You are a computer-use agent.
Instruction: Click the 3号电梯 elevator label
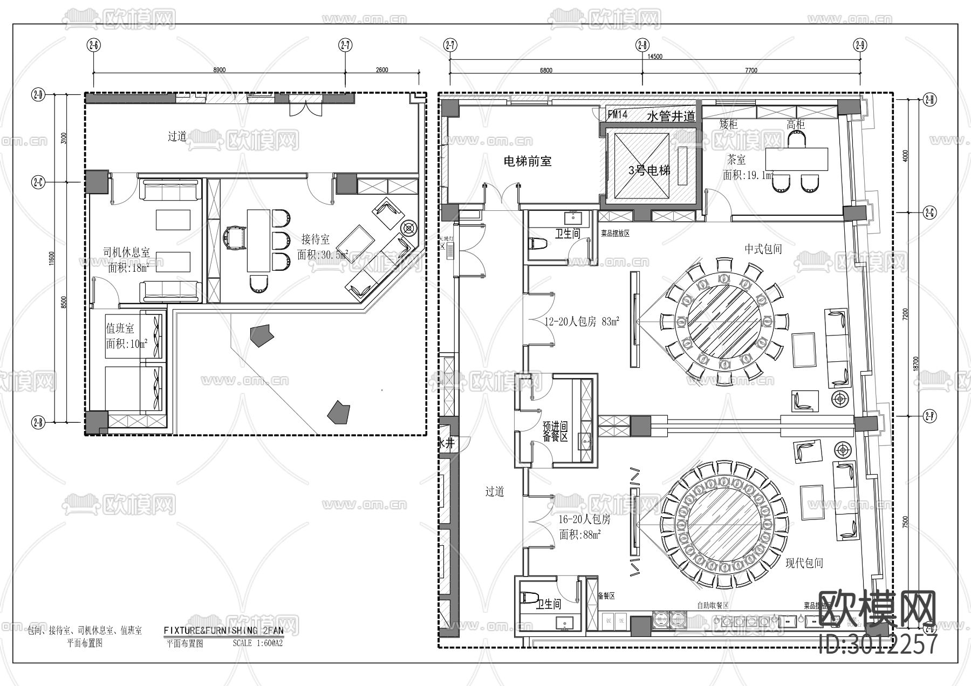coord(649,171)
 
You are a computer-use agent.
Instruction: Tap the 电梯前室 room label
coord(527,161)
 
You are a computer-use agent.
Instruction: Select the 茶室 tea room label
coord(736,160)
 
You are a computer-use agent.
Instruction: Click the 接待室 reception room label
coord(316,239)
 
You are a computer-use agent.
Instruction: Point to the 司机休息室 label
coord(126,252)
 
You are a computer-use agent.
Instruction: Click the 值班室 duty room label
coord(120,328)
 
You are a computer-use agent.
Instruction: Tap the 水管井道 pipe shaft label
coord(671,116)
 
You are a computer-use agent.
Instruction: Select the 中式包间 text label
coord(763,249)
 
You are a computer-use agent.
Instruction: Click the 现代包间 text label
coord(804,563)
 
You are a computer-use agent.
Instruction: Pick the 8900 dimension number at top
coord(220,70)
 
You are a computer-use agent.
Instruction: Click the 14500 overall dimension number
coord(654,56)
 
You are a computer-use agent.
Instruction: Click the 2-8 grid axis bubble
coord(642,45)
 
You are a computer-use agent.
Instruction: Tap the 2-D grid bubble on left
coord(38,96)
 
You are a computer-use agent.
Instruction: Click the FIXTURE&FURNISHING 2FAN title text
coord(223,630)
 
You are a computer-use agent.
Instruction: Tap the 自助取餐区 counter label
coord(713,606)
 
